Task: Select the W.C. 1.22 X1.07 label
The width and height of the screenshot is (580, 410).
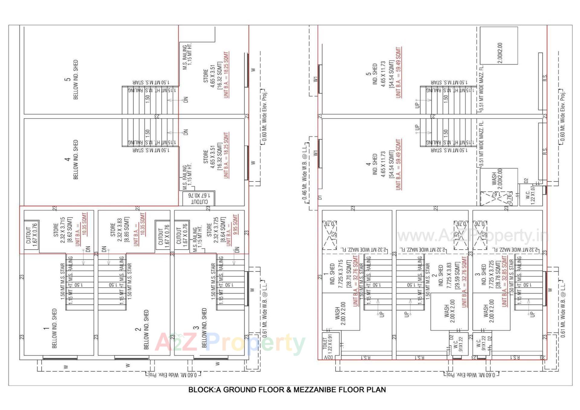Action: pyautogui.click(x=530, y=195)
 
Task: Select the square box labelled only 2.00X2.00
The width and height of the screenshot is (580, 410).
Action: pyautogui.click(x=499, y=45)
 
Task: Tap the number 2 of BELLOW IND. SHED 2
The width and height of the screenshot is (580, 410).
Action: pyautogui.click(x=138, y=329)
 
